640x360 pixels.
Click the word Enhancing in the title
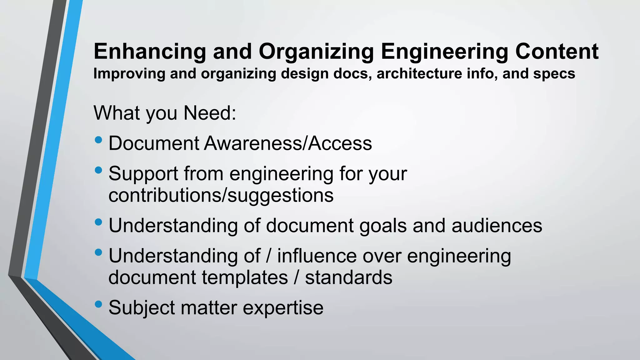click(150, 52)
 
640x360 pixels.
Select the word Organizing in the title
click(316, 52)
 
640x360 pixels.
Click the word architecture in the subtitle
click(419, 74)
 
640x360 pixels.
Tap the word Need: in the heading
click(210, 113)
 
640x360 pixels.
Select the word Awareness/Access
click(288, 143)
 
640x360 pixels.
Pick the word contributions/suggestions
click(221, 196)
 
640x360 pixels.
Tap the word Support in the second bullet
click(143, 174)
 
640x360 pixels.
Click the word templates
click(245, 277)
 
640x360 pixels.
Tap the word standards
click(348, 277)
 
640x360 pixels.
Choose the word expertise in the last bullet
click(283, 308)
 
